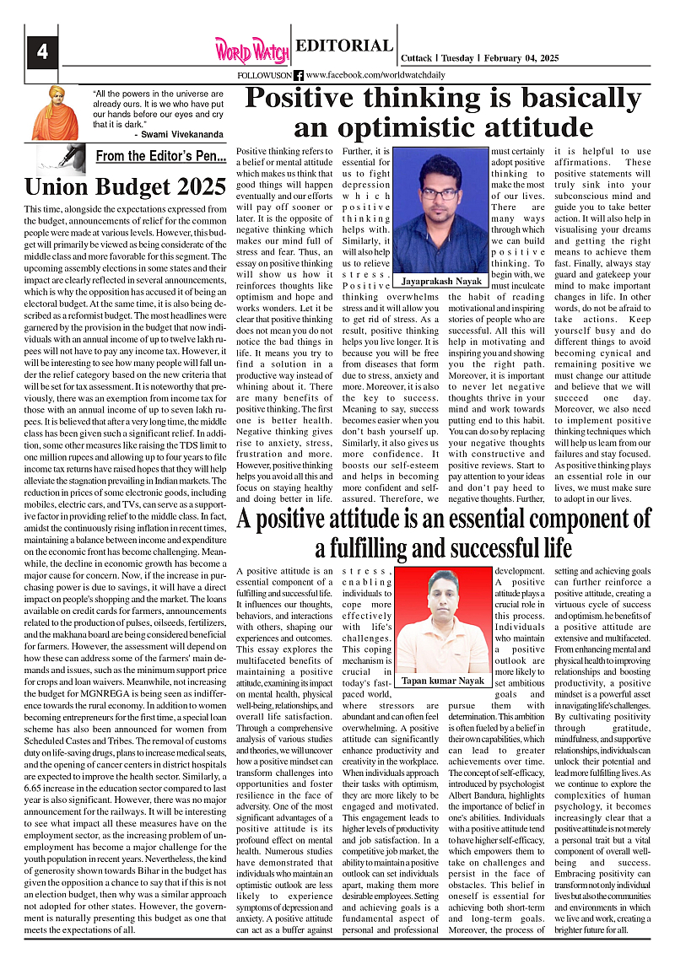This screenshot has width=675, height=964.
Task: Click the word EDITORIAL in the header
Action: click(344, 46)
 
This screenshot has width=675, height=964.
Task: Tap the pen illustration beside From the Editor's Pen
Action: click(61, 159)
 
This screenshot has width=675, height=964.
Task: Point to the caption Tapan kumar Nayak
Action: click(443, 680)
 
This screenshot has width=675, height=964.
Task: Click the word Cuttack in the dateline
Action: click(417, 58)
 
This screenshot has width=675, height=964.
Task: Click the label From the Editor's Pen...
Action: click(160, 156)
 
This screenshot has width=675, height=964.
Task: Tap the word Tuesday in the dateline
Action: click(456, 58)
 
